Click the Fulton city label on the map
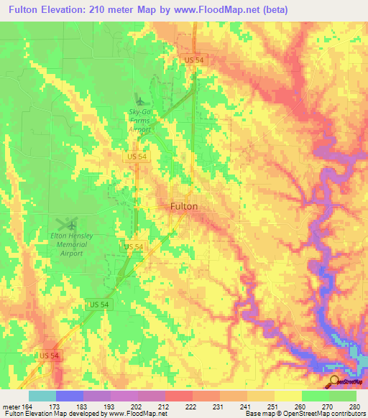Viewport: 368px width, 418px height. click(183, 206)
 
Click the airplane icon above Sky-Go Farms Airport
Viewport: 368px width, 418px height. click(139, 100)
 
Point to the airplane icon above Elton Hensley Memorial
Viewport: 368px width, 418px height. click(67, 223)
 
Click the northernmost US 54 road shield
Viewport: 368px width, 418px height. click(194, 60)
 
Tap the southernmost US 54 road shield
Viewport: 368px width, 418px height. click(50, 356)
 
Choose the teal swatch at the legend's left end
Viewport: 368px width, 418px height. click(42, 396)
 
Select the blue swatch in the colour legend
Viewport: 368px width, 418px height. click(70, 396)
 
